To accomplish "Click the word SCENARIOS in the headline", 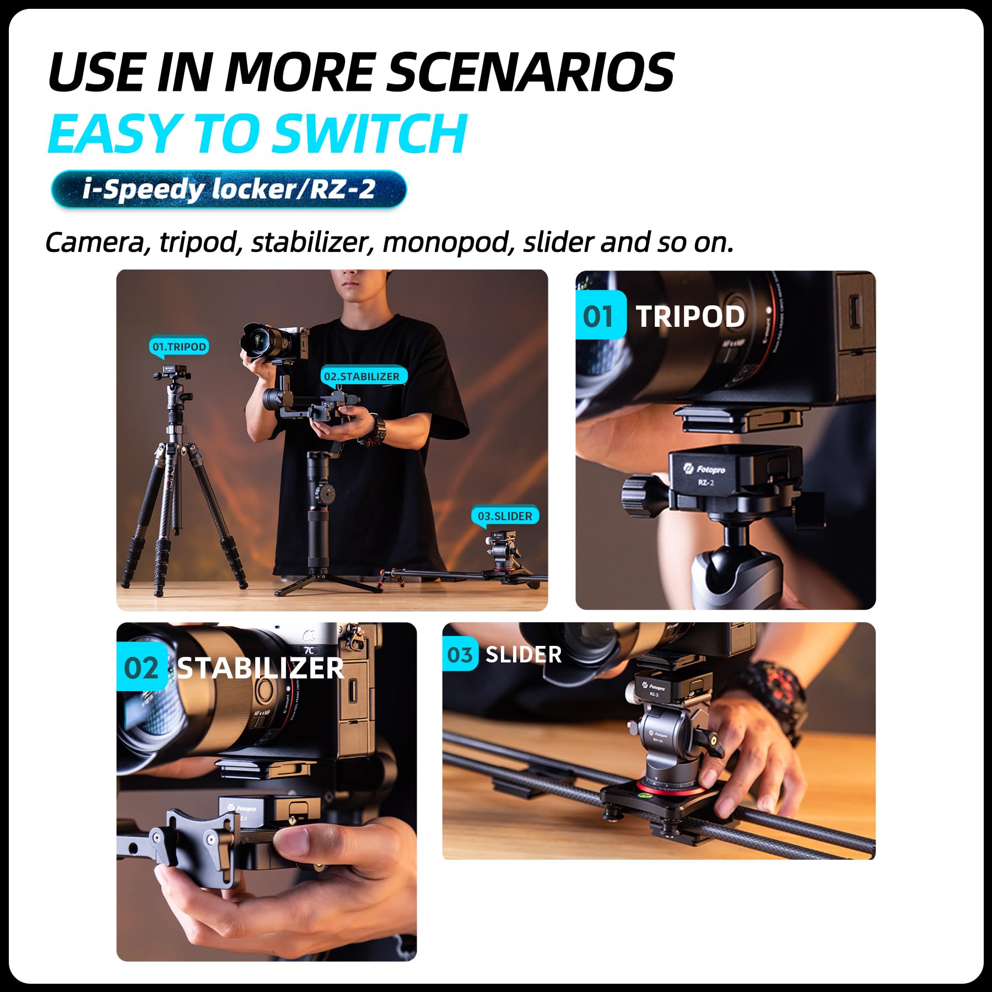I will pos(530,72).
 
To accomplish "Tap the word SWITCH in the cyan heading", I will pos(369,133).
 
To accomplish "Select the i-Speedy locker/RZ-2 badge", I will pos(229,189).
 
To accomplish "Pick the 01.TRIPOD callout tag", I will pos(179,347).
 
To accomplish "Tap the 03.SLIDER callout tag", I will pos(505,516).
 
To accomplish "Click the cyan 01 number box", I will pos(600,316).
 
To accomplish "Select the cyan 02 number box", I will pos(141,668).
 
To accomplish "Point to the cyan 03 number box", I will pos(460,655).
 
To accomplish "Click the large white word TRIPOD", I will pos(690,317).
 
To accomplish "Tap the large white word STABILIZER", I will pos(260,668).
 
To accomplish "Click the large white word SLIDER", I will pos(523,655).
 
